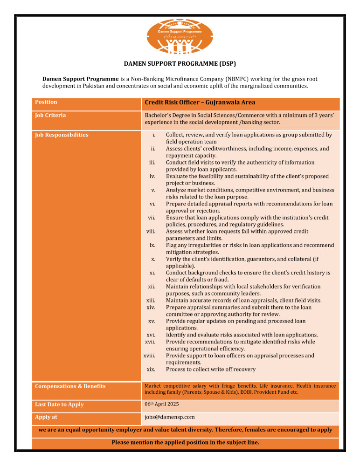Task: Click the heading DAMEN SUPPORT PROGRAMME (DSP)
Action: coord(180,63)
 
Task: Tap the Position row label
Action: coord(46,102)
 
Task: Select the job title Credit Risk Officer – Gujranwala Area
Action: coord(200,103)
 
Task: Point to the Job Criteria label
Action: coord(50,115)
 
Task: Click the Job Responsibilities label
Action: coord(62,135)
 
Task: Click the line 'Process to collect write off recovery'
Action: coord(210,370)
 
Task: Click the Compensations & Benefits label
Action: coord(70,386)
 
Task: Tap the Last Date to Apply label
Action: coord(59,404)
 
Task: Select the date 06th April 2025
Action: coord(161,404)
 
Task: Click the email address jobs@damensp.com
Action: coord(170,417)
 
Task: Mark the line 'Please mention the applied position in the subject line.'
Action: coord(185,442)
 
